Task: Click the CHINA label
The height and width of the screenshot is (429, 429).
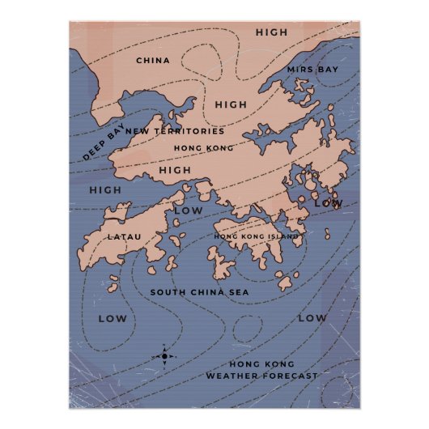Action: (x=152, y=60)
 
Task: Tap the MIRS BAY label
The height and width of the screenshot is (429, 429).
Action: (x=312, y=70)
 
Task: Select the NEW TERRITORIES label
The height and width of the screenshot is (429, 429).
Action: (x=175, y=131)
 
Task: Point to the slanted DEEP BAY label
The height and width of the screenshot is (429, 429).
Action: (x=104, y=143)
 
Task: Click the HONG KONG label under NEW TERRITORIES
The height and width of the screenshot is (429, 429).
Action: (x=203, y=148)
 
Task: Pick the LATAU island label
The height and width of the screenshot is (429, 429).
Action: (x=125, y=236)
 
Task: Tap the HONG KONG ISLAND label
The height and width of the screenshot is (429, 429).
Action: (x=257, y=236)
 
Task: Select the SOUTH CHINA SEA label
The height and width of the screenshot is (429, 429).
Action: (x=200, y=291)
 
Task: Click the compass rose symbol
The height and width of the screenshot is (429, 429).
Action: (x=164, y=355)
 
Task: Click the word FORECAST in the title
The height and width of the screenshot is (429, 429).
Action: (x=289, y=376)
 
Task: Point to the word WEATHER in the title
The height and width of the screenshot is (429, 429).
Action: (x=231, y=376)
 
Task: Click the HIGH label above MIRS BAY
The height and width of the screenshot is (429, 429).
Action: (x=271, y=32)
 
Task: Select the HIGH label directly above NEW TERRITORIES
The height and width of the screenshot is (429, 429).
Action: (x=231, y=104)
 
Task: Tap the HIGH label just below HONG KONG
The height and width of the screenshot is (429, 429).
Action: (x=175, y=170)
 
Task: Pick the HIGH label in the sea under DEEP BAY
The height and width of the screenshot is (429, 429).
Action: (x=105, y=190)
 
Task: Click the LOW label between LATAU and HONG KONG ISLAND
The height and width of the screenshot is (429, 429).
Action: (x=189, y=210)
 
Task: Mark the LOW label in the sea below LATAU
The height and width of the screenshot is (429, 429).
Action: (x=113, y=318)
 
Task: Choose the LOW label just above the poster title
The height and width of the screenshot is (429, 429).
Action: (x=312, y=318)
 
